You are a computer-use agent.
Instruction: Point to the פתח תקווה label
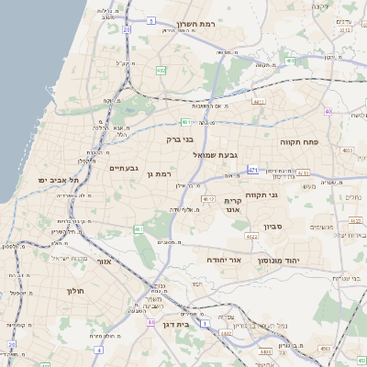pyautogui.click(x=299, y=142)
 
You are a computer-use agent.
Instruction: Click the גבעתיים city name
pyautogui.click(x=123, y=168)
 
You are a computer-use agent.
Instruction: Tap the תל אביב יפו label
pyautogui.click(x=57, y=181)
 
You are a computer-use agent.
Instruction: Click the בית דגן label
pyautogui.click(x=187, y=324)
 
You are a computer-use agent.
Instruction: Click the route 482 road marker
pyautogui.click(x=161, y=70)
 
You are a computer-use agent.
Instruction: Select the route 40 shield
pyautogui.click(x=328, y=111)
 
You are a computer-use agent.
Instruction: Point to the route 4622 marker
pyautogui.click(x=248, y=236)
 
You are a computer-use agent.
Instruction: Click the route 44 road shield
pyautogui.click(x=150, y=323)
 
